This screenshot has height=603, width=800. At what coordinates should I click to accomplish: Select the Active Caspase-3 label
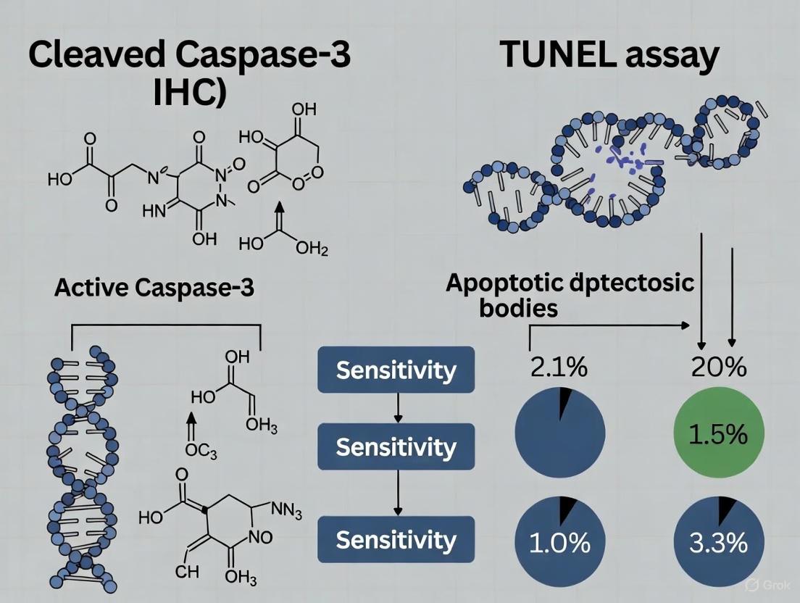point(154,288)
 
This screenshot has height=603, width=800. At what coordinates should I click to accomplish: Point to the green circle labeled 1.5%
point(718,433)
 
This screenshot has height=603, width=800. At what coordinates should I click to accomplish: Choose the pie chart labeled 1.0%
point(559,542)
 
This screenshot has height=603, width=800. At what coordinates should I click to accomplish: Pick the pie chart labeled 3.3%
point(718,542)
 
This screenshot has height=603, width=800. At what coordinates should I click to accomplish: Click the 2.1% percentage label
point(559,367)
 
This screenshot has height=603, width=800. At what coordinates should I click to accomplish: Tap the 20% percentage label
point(718,367)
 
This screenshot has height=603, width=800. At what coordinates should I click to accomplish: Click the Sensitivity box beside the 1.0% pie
point(396,540)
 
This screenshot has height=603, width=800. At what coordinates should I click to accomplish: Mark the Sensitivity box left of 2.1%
point(396,370)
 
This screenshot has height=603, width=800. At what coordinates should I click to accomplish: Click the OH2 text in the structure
point(312,249)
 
